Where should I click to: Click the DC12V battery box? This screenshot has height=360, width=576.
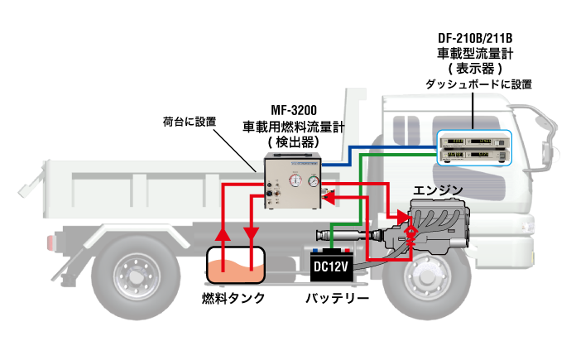click(x=332, y=265)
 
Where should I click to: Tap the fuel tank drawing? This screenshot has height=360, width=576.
click(x=236, y=265)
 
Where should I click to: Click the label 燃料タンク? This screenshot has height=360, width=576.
click(x=233, y=298)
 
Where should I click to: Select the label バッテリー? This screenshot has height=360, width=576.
click(x=337, y=298)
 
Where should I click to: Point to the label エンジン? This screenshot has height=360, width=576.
click(x=438, y=190)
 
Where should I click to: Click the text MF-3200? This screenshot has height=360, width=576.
click(x=294, y=110)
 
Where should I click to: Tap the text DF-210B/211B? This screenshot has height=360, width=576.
click(x=475, y=38)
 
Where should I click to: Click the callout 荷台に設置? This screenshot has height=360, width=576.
click(x=190, y=122)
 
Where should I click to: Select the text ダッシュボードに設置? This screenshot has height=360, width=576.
click(x=478, y=84)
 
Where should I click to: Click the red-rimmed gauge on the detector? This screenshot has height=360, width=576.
click(x=295, y=180)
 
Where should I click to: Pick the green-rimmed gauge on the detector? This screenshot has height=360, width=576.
click(x=314, y=181)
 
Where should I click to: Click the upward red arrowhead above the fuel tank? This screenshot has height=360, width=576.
click(x=223, y=234)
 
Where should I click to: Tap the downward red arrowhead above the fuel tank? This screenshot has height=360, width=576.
click(x=252, y=234)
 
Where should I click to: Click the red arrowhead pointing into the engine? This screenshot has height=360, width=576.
click(x=404, y=218)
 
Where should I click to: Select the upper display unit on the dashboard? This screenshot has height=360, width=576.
click(x=474, y=141)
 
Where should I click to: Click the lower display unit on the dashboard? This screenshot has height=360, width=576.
click(x=474, y=155)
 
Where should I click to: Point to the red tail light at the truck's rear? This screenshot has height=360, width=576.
click(x=50, y=243)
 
